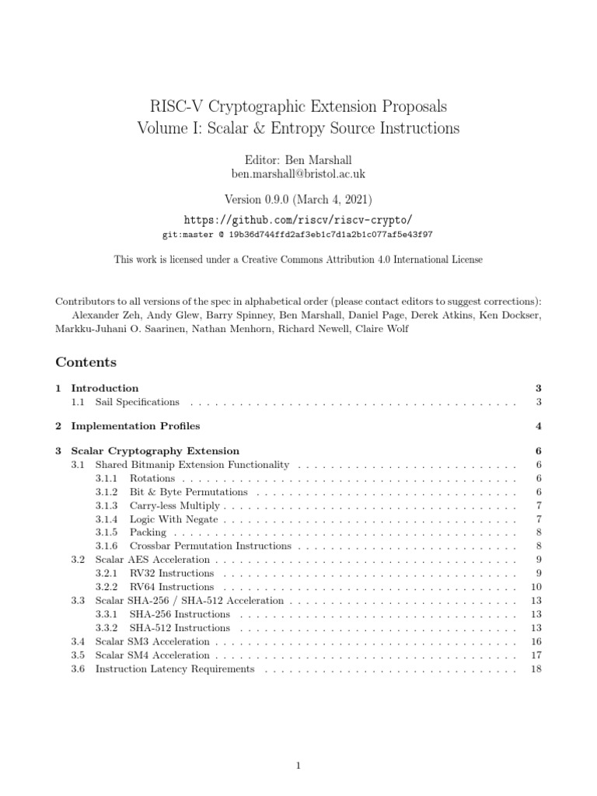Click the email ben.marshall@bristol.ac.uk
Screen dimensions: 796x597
coord(298,173)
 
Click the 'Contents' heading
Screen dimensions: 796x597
coord(86,362)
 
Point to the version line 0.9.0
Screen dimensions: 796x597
coord(298,198)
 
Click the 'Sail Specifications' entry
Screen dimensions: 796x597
coord(137,402)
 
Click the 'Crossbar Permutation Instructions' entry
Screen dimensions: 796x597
coord(204,546)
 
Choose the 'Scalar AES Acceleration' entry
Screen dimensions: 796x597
coord(152,560)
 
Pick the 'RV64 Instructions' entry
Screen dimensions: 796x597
coord(172,587)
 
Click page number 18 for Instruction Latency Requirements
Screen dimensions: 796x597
coord(534,669)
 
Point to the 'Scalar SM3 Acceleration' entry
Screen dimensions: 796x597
coord(152,641)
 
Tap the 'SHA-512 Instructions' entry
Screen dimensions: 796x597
coord(180,627)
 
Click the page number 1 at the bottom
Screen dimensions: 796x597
coord(298,744)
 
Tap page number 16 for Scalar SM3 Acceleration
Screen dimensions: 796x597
coord(534,641)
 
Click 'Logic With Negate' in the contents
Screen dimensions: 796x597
coord(173,519)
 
